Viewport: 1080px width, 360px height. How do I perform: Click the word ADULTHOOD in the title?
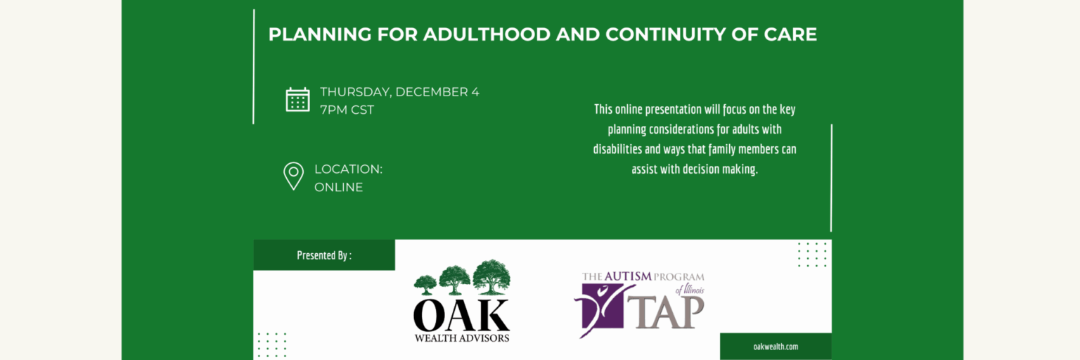click(x=487, y=34)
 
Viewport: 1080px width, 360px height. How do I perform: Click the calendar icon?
click(x=297, y=100)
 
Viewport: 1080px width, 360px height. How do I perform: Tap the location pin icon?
click(x=293, y=176)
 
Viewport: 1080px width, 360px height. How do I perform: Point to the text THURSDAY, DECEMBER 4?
click(x=399, y=91)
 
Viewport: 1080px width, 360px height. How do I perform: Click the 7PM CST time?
click(x=347, y=110)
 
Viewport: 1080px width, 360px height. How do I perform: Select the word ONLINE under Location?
click(x=338, y=187)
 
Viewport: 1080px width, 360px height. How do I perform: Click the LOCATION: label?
click(x=348, y=169)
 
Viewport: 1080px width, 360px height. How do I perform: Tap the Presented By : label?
click(x=324, y=255)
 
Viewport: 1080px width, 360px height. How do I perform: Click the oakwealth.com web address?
click(x=776, y=347)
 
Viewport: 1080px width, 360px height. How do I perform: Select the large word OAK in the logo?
click(x=461, y=315)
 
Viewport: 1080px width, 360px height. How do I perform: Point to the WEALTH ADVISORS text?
click(x=461, y=338)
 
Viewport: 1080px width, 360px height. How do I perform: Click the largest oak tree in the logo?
click(x=491, y=276)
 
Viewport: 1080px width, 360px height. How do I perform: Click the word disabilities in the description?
click(x=617, y=149)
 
